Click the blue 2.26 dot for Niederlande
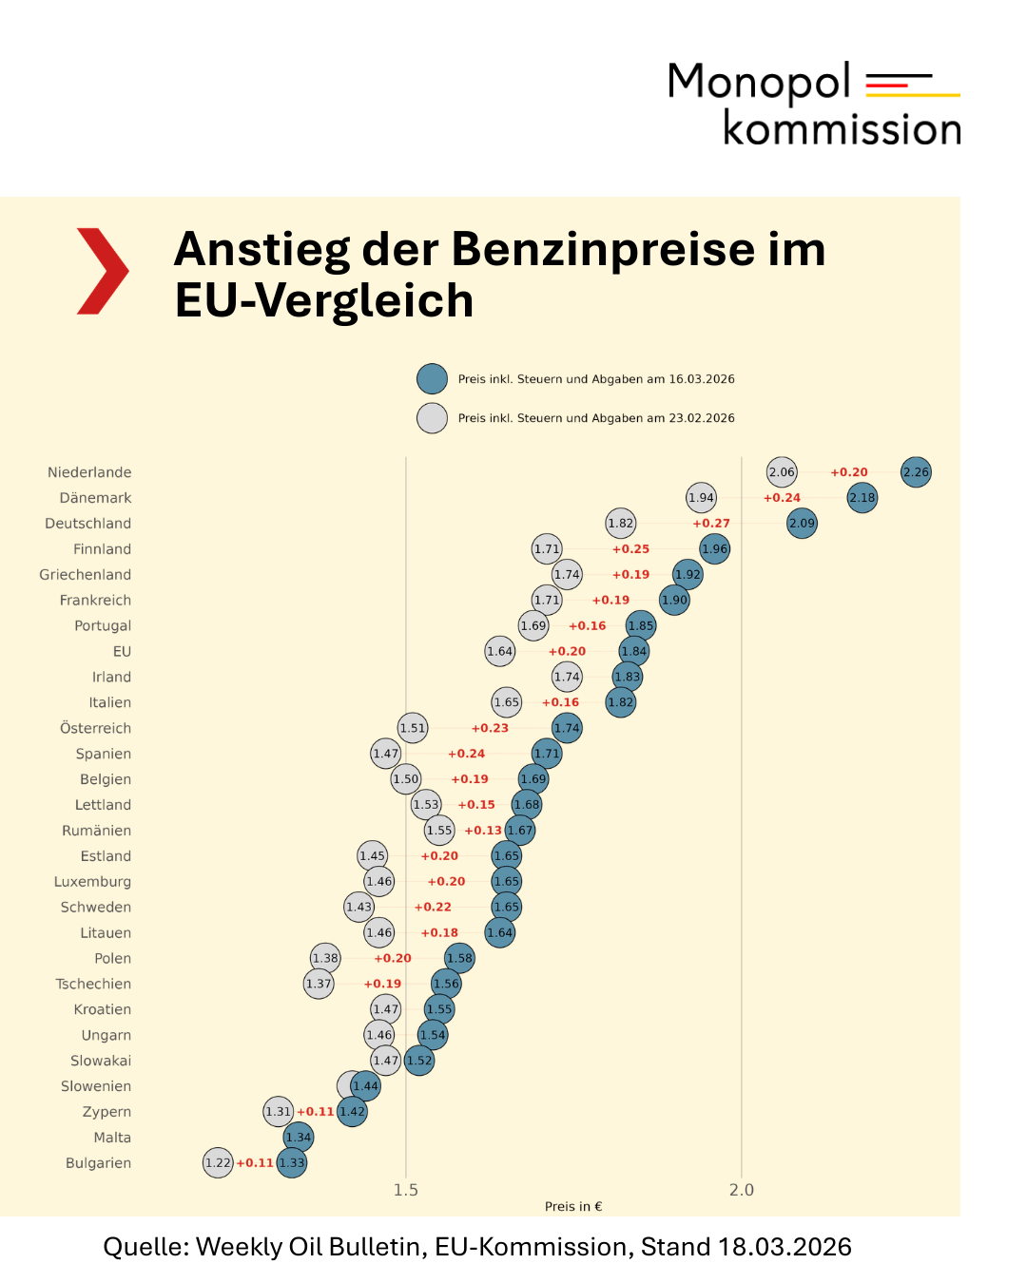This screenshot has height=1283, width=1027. click(916, 472)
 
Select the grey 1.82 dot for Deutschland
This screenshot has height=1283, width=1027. click(621, 524)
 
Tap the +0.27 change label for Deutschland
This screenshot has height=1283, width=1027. click(711, 524)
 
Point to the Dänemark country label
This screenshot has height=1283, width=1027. click(95, 498)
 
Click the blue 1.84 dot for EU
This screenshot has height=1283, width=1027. click(634, 652)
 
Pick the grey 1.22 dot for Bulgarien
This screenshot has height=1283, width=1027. click(219, 1163)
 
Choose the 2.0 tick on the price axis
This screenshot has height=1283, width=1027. click(742, 1190)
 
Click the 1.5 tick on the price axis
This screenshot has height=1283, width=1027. click(406, 1190)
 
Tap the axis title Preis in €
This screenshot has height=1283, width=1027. click(573, 1207)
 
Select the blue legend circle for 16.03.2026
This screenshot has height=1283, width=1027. click(433, 379)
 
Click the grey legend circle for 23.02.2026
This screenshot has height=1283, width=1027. click(433, 418)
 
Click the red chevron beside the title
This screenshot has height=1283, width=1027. click(103, 271)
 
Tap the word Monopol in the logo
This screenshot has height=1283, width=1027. click(759, 82)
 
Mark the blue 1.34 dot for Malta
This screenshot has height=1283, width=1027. click(299, 1138)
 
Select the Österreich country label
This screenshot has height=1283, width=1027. click(95, 729)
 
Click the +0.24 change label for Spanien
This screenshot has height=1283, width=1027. click(467, 754)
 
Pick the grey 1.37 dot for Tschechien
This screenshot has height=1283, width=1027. click(320, 984)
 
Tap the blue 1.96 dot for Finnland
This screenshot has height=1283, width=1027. click(715, 549)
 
